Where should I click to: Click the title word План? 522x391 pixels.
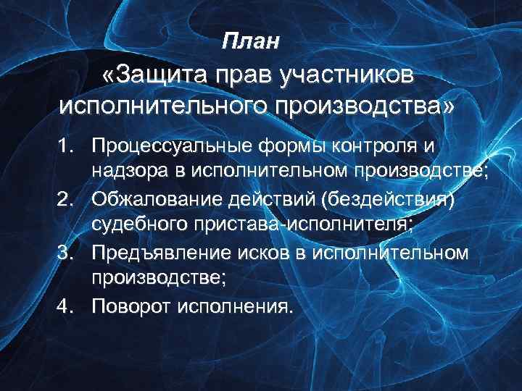pos(250,41)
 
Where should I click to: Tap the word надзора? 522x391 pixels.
pos(130,172)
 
